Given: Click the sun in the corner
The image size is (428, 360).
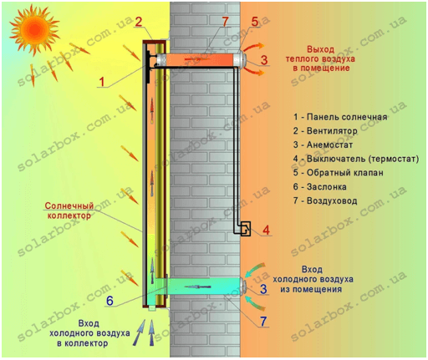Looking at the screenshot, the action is pyautogui.click(x=34, y=30).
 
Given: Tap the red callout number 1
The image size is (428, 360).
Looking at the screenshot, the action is pyautogui.click(x=102, y=82).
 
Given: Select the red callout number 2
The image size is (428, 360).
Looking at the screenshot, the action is pyautogui.click(x=139, y=23).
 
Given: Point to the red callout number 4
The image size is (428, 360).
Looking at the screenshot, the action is pyautogui.click(x=266, y=231).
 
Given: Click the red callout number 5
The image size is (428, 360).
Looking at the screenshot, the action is pyautogui.click(x=255, y=22).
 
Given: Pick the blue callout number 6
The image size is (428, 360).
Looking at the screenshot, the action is pyautogui.click(x=110, y=301).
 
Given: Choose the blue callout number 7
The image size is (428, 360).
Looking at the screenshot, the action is pyautogui.click(x=263, y=322).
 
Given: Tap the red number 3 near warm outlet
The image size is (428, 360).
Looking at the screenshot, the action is pyautogui.click(x=264, y=60).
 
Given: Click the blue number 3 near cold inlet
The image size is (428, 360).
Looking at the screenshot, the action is pyautogui.click(x=263, y=289).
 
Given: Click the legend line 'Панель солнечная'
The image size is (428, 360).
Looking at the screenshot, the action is pyautogui.click(x=340, y=117).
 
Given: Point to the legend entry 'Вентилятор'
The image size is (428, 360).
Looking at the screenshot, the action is pyautogui.click(x=325, y=131).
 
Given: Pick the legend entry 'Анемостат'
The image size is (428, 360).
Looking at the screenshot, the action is pyautogui.click(x=323, y=145).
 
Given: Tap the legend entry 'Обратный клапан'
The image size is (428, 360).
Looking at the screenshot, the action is pyautogui.click(x=339, y=173).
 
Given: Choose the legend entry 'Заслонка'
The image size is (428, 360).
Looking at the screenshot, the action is pyautogui.click(x=320, y=186).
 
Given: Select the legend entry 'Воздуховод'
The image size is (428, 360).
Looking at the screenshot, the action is pyautogui.click(x=325, y=200).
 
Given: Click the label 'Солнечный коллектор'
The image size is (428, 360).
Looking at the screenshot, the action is pyautogui.click(x=69, y=210).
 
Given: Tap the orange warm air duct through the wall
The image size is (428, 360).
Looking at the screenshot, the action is pyautogui.click(x=199, y=59).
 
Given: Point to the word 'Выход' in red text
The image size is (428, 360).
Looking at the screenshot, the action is pyautogui.click(x=320, y=49).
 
